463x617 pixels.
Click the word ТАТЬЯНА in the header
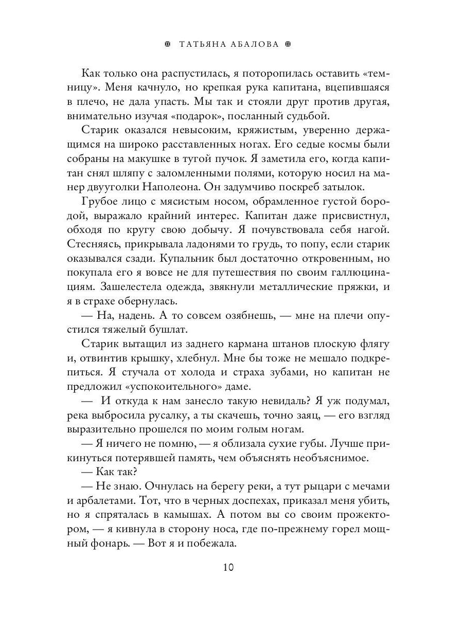click(203, 44)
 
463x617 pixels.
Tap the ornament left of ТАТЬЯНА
click(167, 44)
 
